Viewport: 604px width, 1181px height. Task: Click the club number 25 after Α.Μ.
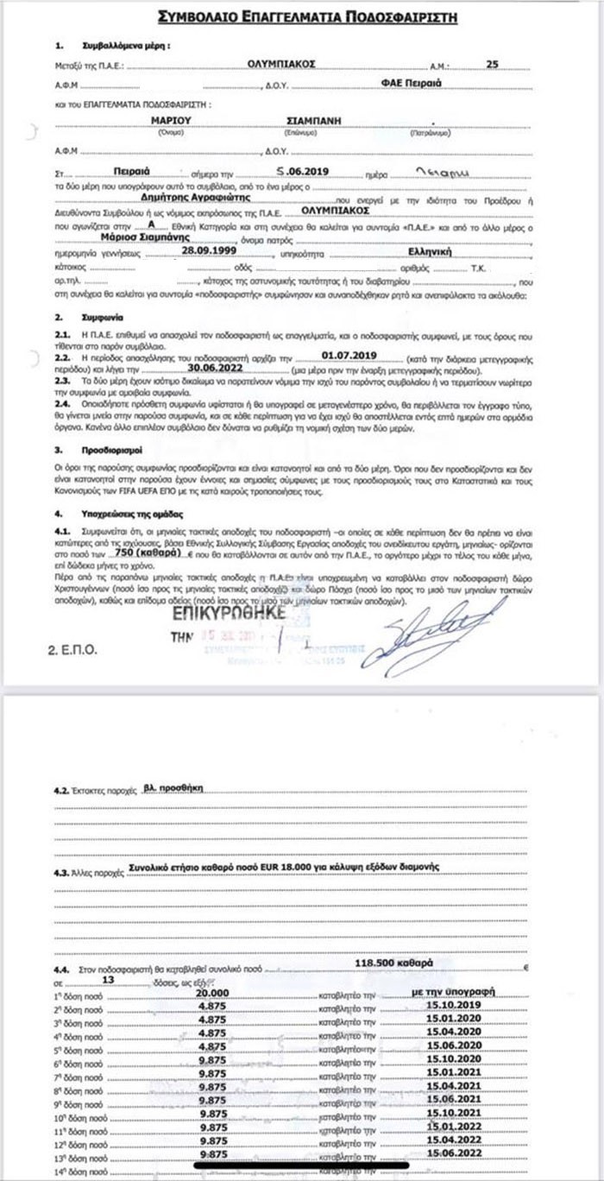point(493,64)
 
